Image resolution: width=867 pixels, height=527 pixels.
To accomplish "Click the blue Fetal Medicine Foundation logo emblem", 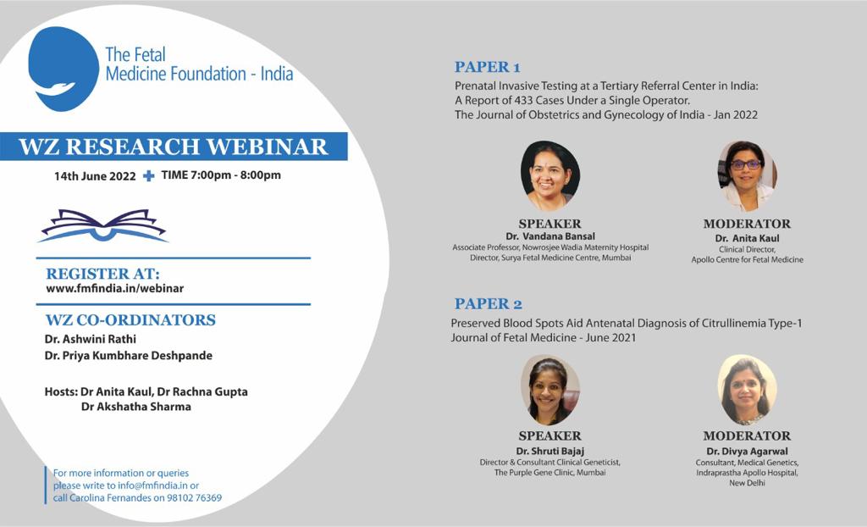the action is [x=64, y=69].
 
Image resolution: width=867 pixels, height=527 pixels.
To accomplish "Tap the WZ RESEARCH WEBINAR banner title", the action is [x=174, y=147].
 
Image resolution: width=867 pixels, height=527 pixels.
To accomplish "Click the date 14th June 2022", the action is [x=95, y=176].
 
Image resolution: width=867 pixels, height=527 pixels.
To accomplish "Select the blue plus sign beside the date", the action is [x=149, y=175].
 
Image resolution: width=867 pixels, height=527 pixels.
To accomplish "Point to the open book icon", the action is [x=103, y=225].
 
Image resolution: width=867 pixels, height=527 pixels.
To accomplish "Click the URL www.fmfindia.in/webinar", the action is [x=115, y=288].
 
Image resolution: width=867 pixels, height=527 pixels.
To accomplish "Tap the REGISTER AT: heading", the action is [x=102, y=274].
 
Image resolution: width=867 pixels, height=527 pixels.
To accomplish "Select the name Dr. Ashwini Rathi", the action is [x=90, y=339].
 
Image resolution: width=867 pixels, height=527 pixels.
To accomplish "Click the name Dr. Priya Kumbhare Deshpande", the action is [x=129, y=355].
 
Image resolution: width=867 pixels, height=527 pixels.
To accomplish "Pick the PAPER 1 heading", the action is [x=487, y=67].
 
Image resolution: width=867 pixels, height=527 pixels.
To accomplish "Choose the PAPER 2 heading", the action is [x=489, y=304].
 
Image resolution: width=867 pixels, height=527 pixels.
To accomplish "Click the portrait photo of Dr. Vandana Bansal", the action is [x=550, y=175].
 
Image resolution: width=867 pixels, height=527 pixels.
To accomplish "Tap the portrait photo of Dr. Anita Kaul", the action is [x=747, y=175].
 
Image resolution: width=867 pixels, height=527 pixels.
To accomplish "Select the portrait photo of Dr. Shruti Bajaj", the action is [x=550, y=390].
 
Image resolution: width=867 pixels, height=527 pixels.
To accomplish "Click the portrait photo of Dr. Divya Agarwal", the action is [x=747, y=390].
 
